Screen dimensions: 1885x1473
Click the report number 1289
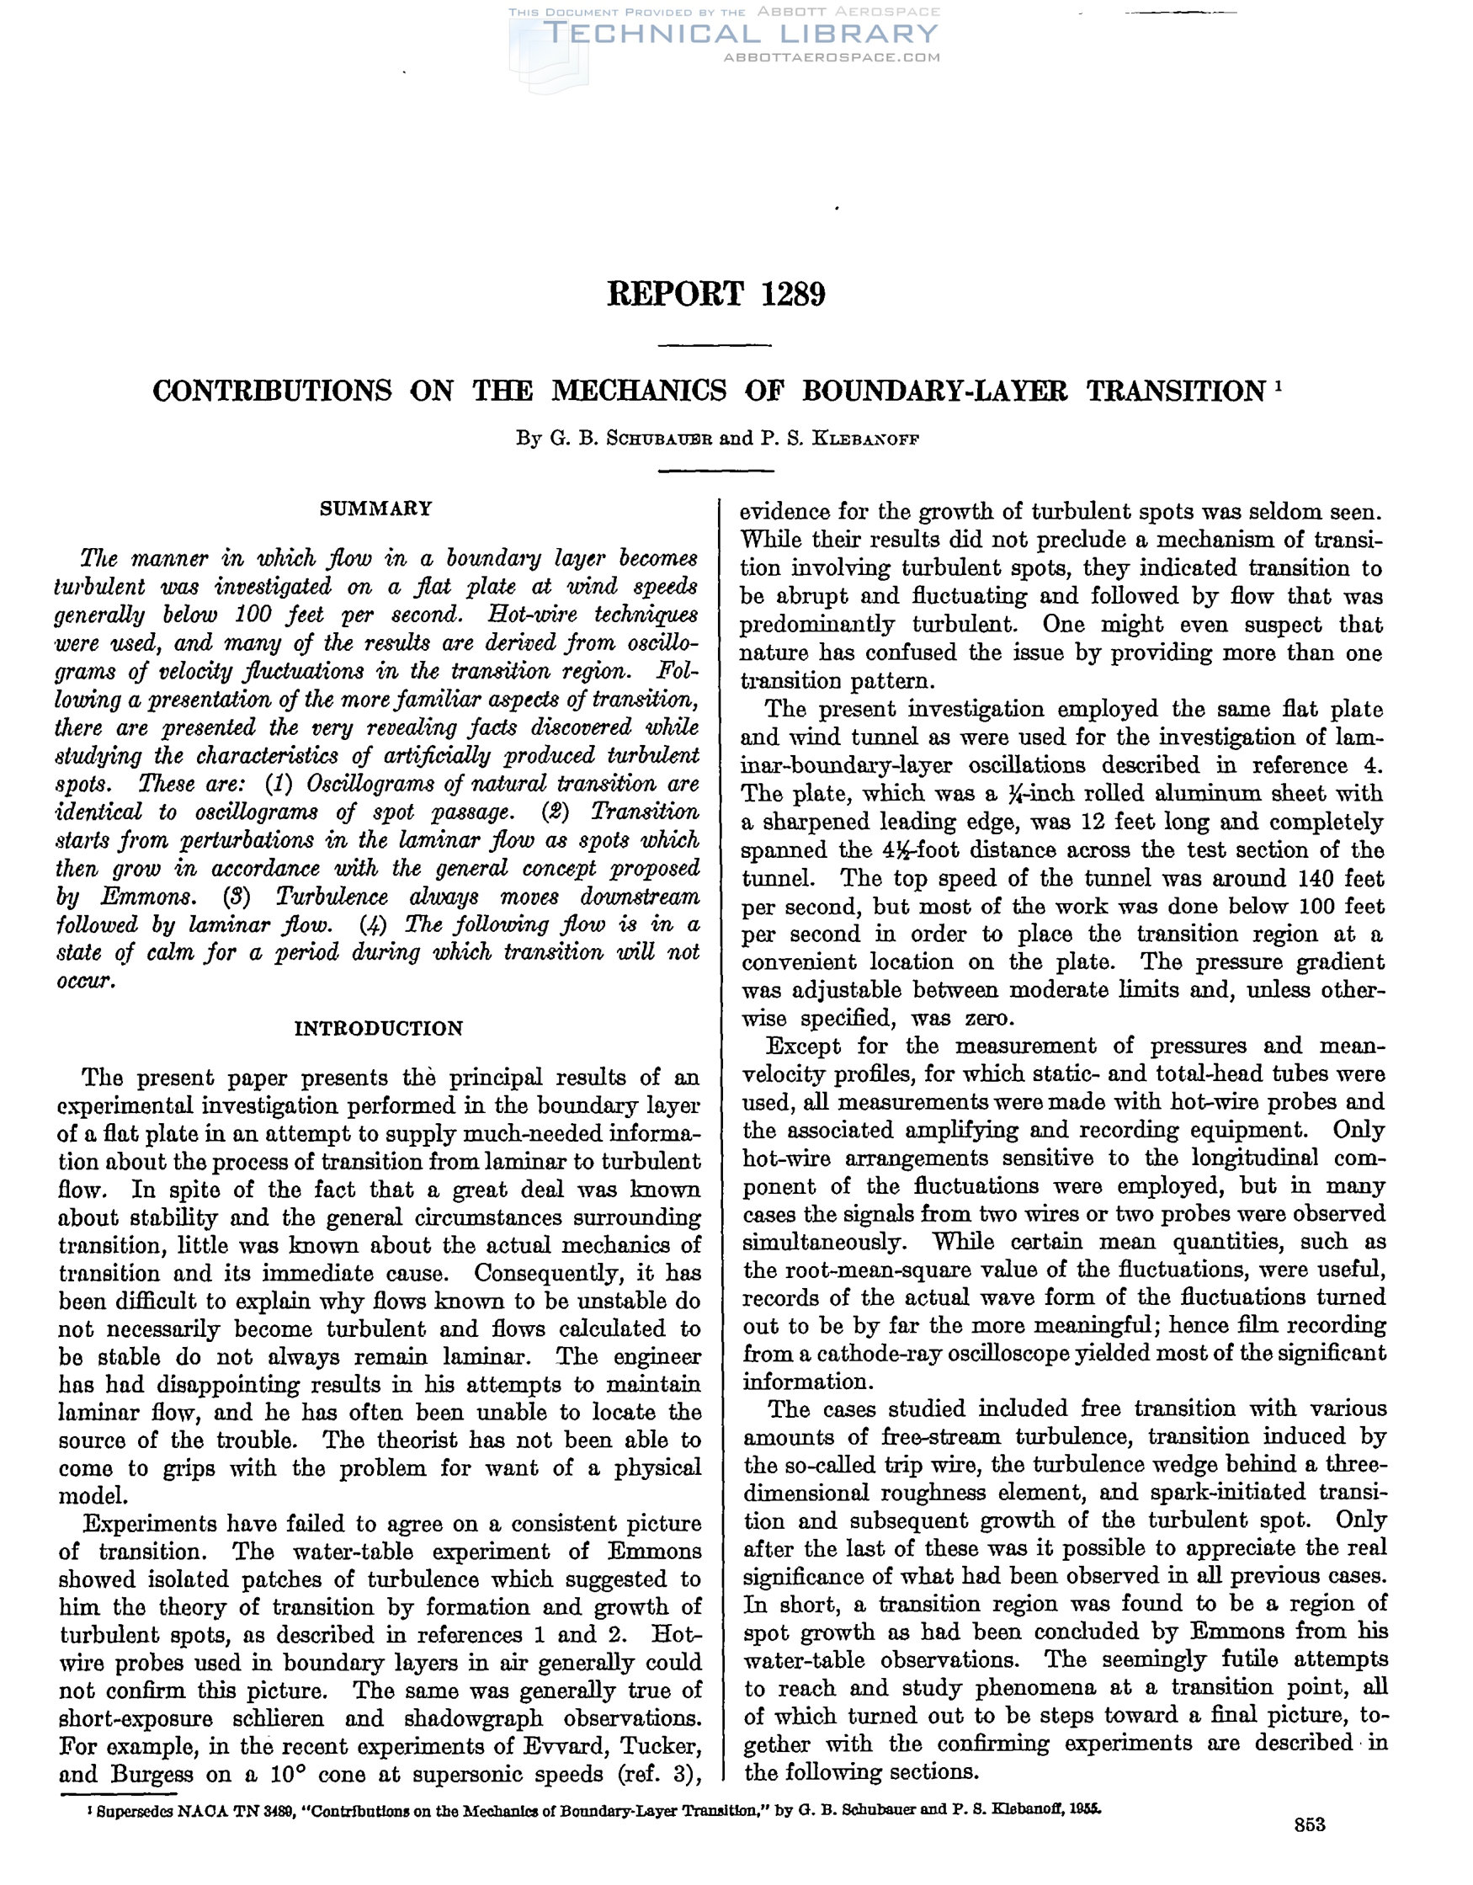(794, 295)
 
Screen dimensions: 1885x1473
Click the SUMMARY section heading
(376, 509)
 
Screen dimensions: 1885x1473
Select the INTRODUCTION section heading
(379, 1028)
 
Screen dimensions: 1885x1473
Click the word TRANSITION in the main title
(1174, 391)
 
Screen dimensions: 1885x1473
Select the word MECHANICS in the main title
(639, 391)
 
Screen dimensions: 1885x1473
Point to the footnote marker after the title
(1278, 384)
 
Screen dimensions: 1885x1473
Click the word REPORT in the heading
(675, 295)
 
